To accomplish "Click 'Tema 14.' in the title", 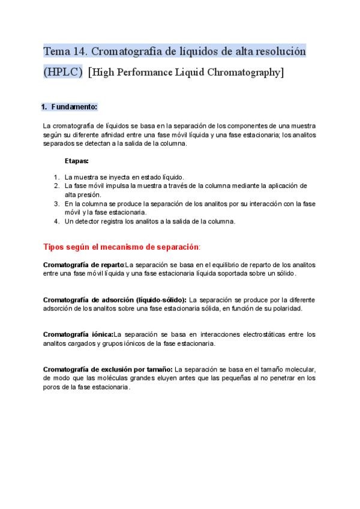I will (x=64, y=51).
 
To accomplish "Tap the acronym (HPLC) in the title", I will (x=63, y=73).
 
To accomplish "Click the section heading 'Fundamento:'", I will (x=74, y=107).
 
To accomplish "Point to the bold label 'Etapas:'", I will (x=77, y=161).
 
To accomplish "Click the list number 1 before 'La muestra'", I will (x=56, y=177).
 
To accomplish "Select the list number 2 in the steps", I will (x=56, y=186).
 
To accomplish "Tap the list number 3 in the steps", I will (x=56, y=203).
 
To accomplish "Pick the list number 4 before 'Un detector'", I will (x=56, y=221).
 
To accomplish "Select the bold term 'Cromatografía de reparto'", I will (x=83, y=265).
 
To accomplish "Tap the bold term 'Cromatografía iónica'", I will (x=78, y=334).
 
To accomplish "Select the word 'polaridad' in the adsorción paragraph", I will (x=286, y=309).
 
